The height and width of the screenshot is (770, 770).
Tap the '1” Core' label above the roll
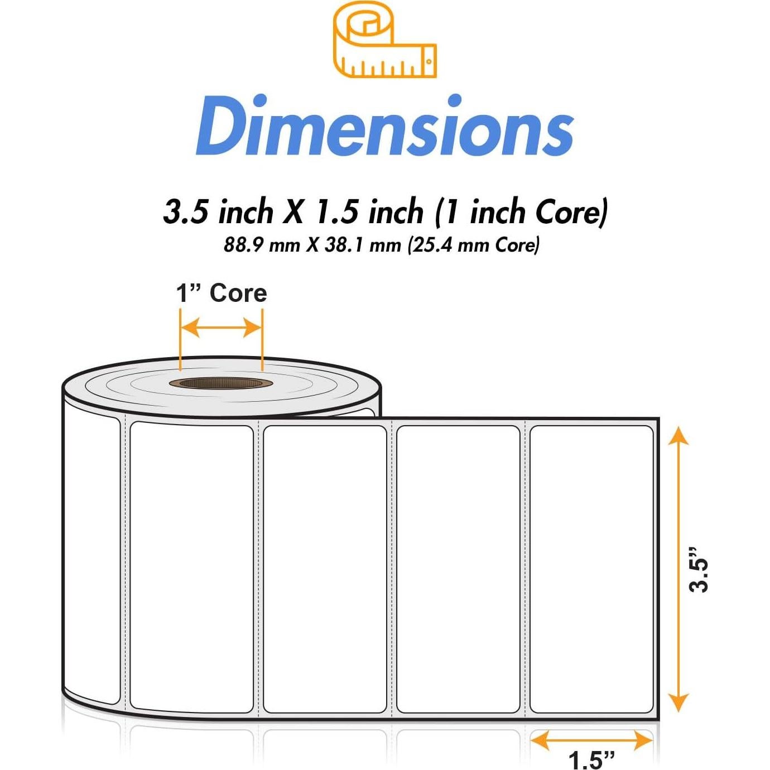click(x=222, y=293)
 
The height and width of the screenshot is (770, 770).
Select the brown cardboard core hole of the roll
click(x=221, y=383)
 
